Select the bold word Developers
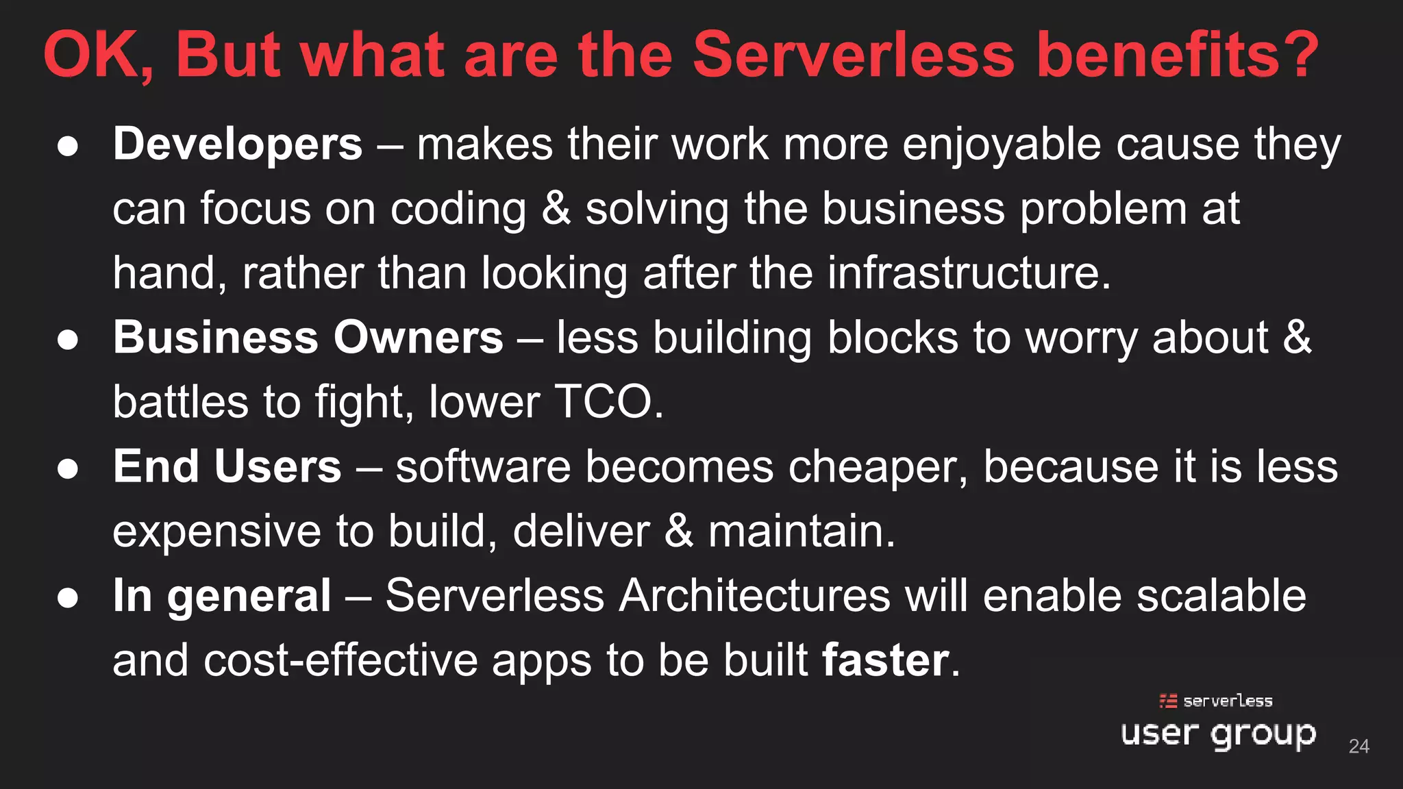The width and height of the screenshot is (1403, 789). tap(238, 145)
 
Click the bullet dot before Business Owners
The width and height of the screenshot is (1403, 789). tap(68, 340)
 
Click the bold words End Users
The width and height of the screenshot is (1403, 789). tap(227, 466)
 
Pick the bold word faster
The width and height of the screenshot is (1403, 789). tap(885, 660)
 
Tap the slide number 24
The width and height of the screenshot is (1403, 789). tap(1358, 746)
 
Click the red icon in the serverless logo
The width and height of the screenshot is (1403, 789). tap(1168, 701)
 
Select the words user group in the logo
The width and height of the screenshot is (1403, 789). tap(1218, 734)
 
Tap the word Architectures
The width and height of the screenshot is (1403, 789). tap(754, 596)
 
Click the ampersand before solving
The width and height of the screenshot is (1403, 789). tap(556, 209)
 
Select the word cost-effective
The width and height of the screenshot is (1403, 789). tap(340, 660)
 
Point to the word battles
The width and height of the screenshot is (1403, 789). tap(180, 402)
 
